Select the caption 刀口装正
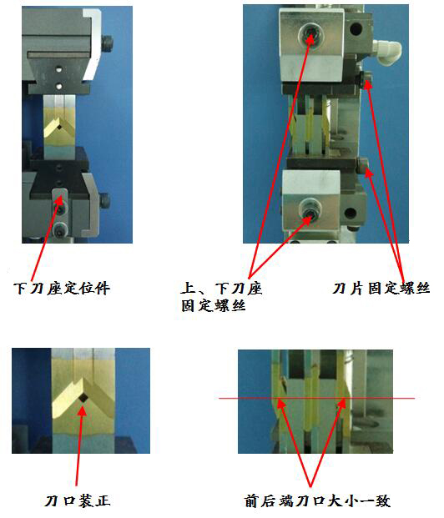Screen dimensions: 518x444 click(77, 500)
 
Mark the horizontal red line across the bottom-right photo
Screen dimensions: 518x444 click(317, 399)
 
